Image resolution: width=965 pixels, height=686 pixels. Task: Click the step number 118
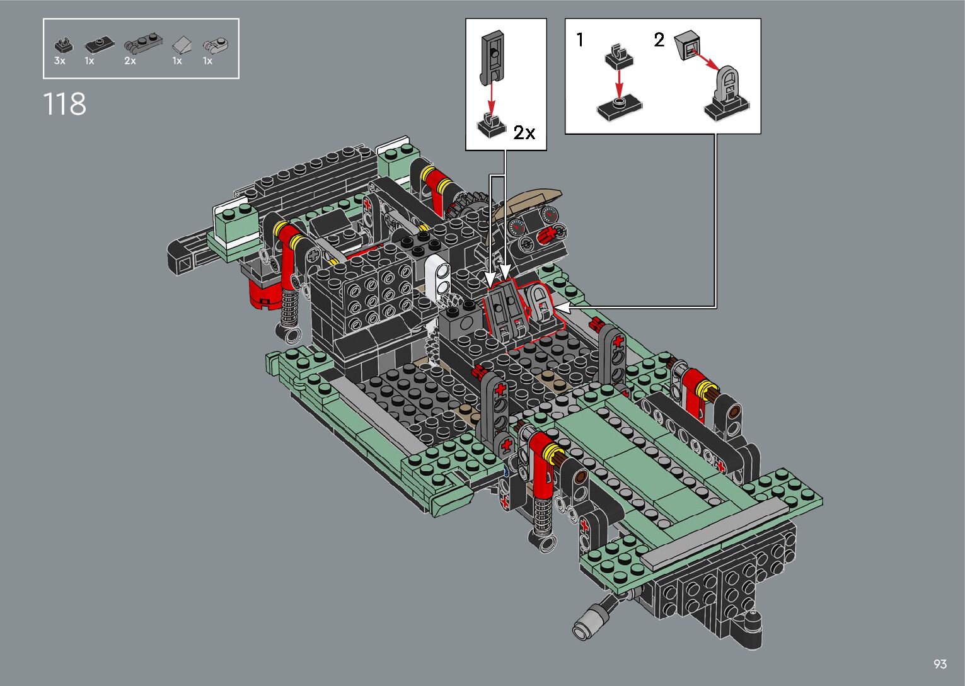click(x=65, y=104)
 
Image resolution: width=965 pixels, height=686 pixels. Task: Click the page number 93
click(x=940, y=663)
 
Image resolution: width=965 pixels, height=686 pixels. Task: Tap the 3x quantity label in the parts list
click(x=59, y=60)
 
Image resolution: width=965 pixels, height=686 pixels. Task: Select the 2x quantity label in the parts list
click(x=130, y=60)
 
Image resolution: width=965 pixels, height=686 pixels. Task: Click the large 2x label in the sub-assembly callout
click(x=524, y=133)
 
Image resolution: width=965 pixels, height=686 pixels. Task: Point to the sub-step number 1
click(x=581, y=40)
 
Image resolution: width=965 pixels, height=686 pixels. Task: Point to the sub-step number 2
click(x=659, y=40)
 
